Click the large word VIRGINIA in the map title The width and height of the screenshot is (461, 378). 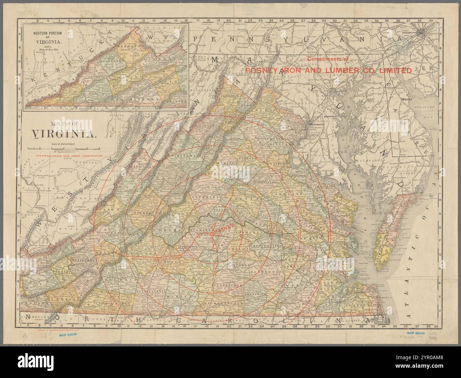64,134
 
